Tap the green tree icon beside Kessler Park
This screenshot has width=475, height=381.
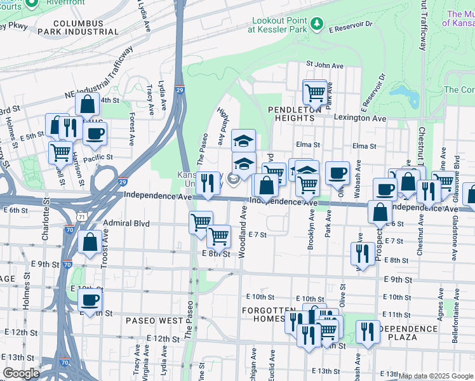[317, 25]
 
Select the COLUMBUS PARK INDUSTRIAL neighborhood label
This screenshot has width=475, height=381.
[69, 27]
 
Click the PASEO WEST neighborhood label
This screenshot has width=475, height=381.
[154, 320]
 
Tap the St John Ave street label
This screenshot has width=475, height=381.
[324, 64]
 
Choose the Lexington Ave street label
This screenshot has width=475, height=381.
[360, 119]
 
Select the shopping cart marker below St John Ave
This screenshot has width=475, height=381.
[314, 92]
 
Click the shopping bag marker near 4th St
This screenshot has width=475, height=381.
[87, 104]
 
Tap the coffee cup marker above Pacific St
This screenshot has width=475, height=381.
[95, 133]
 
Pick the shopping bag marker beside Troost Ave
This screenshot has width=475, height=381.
[90, 242]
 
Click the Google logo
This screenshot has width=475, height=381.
[21, 373]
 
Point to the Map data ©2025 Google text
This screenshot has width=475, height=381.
[436, 376]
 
